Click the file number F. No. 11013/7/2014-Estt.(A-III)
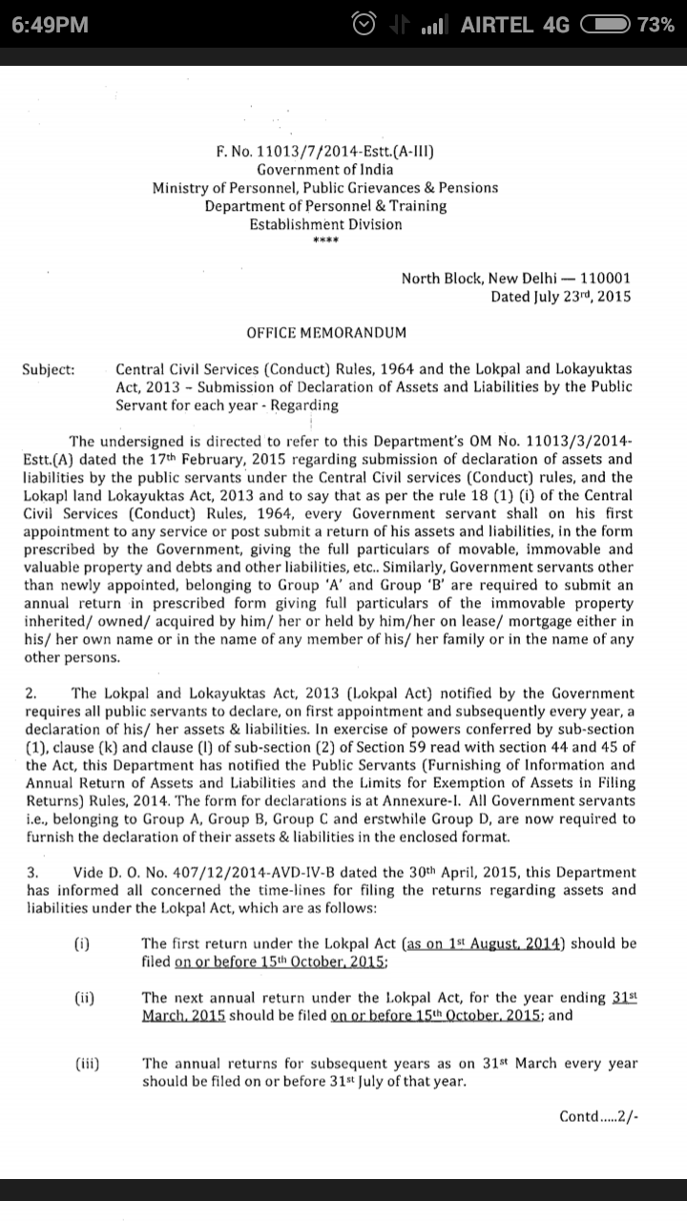click(x=324, y=151)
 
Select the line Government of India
click(x=324, y=169)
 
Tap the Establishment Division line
click(x=324, y=224)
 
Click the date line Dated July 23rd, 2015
click(x=560, y=297)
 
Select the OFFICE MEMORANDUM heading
click(x=325, y=333)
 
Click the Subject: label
click(x=49, y=369)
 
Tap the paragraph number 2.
click(x=31, y=693)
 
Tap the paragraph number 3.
click(x=31, y=872)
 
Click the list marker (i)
click(x=82, y=943)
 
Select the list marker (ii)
click(x=84, y=998)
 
